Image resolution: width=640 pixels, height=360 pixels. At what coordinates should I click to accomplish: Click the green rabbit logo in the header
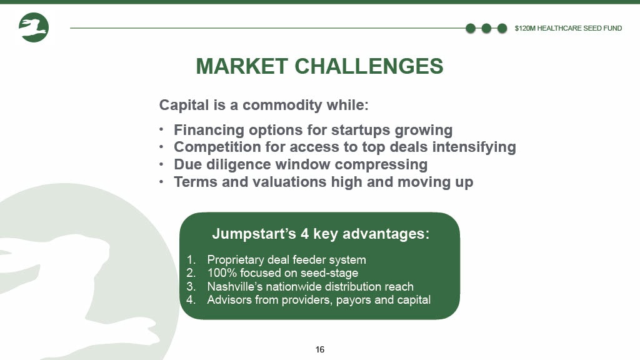[34, 27]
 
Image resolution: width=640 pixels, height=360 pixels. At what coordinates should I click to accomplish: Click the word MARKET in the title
[242, 66]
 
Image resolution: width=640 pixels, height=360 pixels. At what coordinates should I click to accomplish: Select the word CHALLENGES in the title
[369, 66]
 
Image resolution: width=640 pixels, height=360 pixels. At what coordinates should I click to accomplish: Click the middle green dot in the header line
[486, 28]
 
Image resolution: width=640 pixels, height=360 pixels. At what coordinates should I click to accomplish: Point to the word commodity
[282, 105]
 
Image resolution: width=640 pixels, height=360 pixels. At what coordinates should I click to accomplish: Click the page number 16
[320, 349]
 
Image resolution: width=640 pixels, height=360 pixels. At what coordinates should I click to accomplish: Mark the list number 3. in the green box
[191, 286]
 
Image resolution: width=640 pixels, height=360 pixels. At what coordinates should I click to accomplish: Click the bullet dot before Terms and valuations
[162, 181]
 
